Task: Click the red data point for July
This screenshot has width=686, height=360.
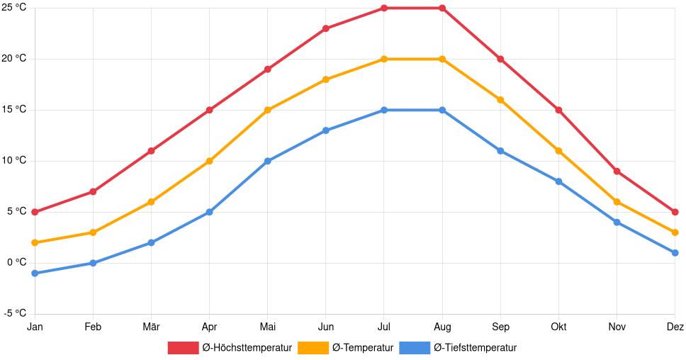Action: (x=384, y=9)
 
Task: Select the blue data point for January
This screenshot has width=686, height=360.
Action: (x=35, y=273)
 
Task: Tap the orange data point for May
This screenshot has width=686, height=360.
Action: (x=268, y=110)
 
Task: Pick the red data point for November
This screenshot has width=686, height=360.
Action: (x=617, y=171)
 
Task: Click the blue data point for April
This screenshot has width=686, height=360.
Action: (x=210, y=212)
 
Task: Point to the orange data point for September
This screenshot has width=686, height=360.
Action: (x=500, y=100)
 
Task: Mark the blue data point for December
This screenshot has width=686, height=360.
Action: (x=675, y=253)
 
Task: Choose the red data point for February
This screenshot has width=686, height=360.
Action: (x=93, y=191)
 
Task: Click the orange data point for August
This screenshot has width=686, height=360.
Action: (x=442, y=59)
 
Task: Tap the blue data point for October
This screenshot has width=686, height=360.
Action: (x=558, y=181)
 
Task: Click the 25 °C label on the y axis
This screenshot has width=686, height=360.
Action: (x=15, y=8)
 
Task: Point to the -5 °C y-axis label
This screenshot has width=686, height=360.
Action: (x=15, y=313)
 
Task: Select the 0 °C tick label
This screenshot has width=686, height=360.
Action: (x=16, y=262)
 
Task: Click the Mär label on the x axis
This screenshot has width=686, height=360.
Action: (x=151, y=327)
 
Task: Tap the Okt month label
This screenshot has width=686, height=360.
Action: (x=558, y=327)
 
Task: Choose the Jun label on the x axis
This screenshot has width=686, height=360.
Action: (x=326, y=327)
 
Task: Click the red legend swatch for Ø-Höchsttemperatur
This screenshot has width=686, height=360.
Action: (x=183, y=347)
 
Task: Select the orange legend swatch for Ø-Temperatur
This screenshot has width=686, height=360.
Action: (x=313, y=347)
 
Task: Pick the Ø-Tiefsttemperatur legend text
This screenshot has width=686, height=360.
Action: (x=475, y=347)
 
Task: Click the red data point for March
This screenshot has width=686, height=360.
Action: (x=151, y=151)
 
